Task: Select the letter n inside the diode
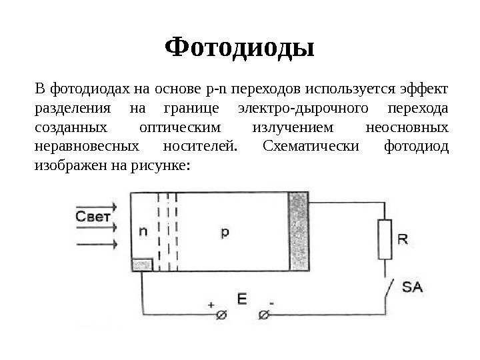coord(143,232)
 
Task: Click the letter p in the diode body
coord(225,231)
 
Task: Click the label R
coord(403,237)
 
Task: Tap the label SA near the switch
coord(412,288)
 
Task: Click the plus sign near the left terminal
coord(211,305)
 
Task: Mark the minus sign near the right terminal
coord(273,305)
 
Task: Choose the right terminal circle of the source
coord(264,315)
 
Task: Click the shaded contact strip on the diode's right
coord(299,231)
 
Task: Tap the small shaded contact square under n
coord(143,265)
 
